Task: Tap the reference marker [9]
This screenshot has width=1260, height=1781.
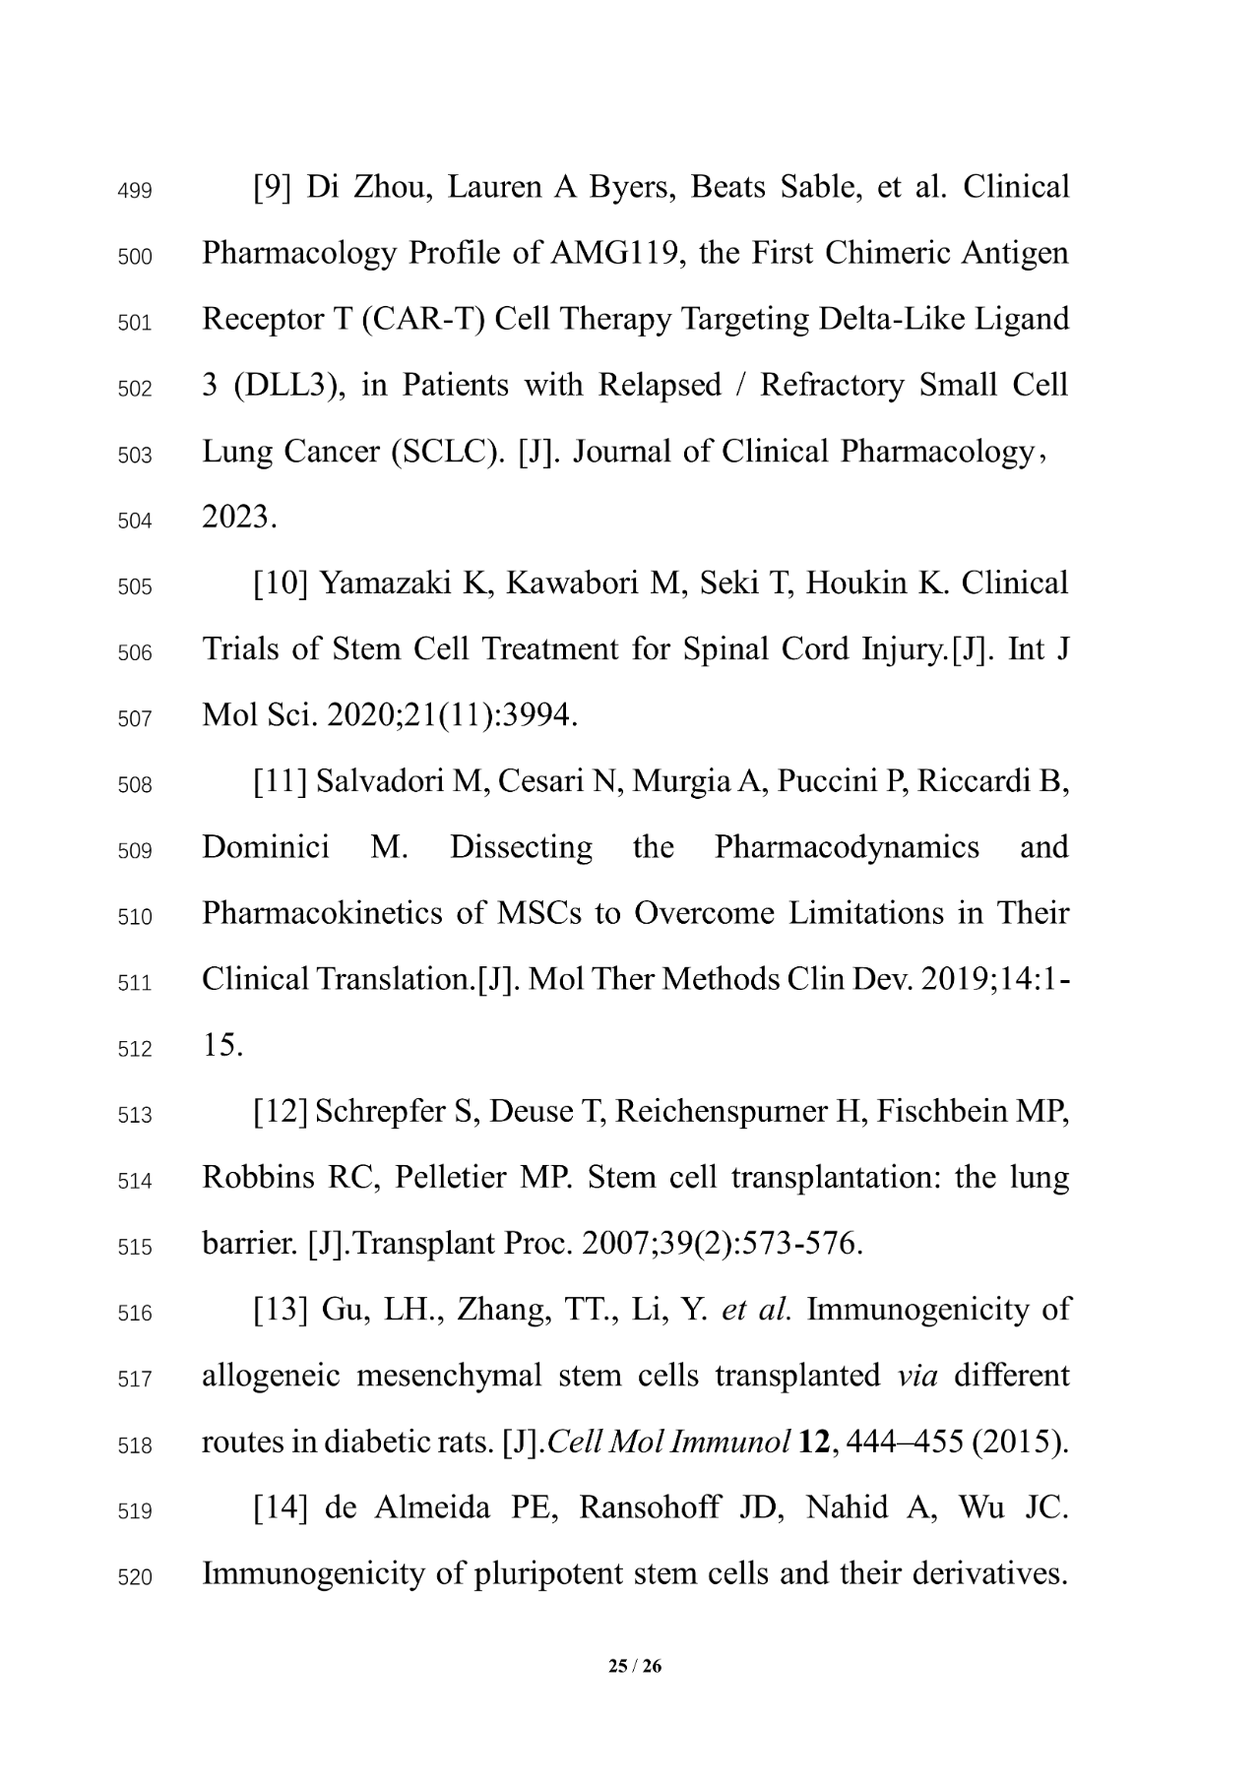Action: coord(272,187)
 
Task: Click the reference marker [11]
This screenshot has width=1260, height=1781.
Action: coord(281,781)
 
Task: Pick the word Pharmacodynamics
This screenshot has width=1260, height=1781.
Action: coord(847,847)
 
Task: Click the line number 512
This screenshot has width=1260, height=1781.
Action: coord(134,1049)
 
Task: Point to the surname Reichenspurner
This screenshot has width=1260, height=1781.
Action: coord(724,1111)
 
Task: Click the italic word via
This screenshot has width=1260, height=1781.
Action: coord(917,1375)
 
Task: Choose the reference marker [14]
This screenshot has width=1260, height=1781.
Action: coord(281,1507)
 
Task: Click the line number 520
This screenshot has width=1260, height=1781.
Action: coord(134,1577)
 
